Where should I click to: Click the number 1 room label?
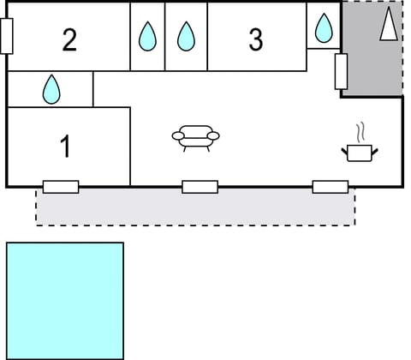point(65,147)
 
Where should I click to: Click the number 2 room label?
point(69,39)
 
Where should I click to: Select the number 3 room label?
point(255,39)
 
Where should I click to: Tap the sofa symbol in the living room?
point(196,138)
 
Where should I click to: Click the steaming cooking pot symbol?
point(360,152)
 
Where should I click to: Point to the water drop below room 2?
point(51,88)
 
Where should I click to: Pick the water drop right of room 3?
point(323,28)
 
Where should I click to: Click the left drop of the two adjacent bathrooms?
point(147,37)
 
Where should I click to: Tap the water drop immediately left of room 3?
point(186,37)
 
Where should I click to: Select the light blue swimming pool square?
point(65,300)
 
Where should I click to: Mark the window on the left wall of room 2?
point(7,36)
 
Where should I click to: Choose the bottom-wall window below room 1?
point(61,186)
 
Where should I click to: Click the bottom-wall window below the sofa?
point(200,186)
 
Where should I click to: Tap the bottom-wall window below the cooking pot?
point(330,186)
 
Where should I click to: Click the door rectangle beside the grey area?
point(340,72)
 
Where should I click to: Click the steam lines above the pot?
point(361,133)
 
